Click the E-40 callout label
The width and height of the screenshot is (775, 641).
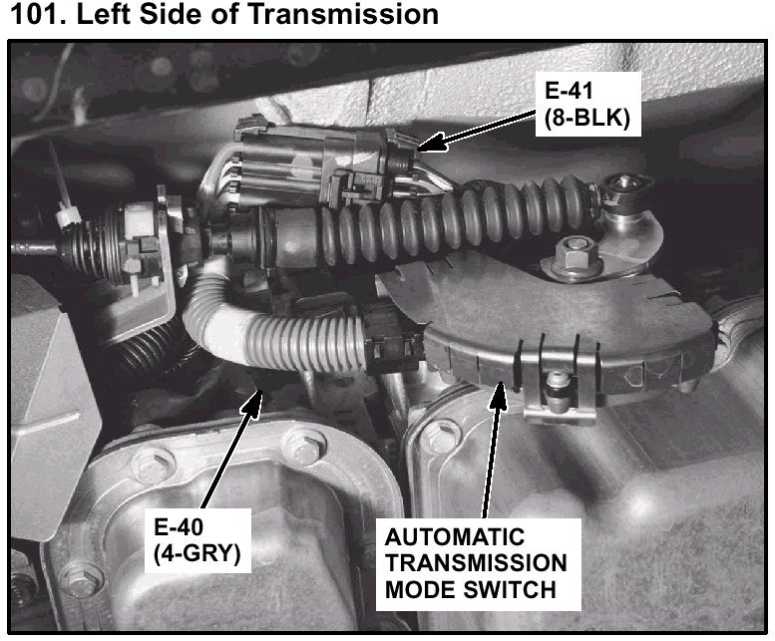tap(180, 528)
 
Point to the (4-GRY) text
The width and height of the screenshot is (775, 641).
tap(197, 554)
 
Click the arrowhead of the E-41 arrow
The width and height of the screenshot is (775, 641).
tap(425, 146)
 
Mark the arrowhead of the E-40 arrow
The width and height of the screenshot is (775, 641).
tap(262, 398)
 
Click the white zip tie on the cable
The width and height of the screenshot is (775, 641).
tap(67, 215)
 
